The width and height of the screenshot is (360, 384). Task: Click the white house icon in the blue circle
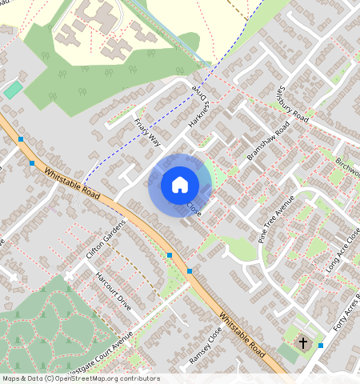180,185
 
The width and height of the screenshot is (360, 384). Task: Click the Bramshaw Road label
268,142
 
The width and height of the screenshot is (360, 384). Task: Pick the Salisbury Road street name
293,104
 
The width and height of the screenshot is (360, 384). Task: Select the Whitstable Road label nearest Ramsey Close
242,334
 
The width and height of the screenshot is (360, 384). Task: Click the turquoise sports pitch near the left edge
12,90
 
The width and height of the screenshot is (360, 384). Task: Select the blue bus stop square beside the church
321,345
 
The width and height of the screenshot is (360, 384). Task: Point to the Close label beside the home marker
193,208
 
